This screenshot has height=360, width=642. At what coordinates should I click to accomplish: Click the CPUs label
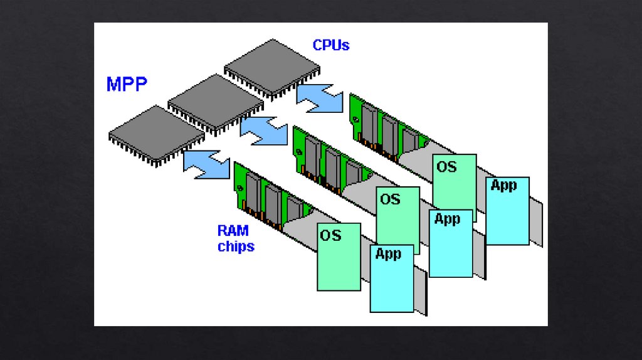(x=330, y=45)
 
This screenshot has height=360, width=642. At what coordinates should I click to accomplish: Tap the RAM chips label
(x=236, y=239)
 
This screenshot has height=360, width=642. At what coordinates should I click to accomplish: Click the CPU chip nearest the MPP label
(x=156, y=134)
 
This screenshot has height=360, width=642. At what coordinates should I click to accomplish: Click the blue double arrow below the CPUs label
(x=320, y=98)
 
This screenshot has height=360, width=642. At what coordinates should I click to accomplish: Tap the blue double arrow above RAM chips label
(x=206, y=162)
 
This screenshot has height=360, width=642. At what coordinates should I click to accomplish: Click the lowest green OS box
(x=339, y=257)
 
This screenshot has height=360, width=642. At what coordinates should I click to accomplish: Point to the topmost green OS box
(x=454, y=182)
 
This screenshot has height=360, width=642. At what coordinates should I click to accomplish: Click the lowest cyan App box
(x=392, y=278)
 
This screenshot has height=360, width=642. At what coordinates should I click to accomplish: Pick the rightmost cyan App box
(x=507, y=211)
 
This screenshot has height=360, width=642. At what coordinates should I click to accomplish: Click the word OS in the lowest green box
(x=330, y=235)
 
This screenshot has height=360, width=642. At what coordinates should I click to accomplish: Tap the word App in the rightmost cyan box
(x=503, y=185)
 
